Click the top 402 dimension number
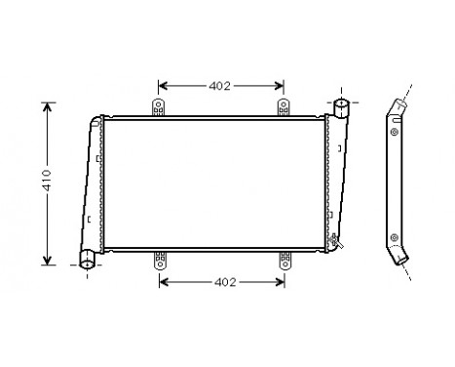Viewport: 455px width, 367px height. (220, 86)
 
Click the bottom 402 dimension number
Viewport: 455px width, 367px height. (224, 282)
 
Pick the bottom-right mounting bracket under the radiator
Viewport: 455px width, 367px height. (285, 260)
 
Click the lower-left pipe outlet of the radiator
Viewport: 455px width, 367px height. (87, 260)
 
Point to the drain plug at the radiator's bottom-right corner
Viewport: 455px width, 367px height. (336, 241)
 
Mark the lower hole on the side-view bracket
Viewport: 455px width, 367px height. (393, 236)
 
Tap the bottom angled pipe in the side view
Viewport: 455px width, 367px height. (402, 257)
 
